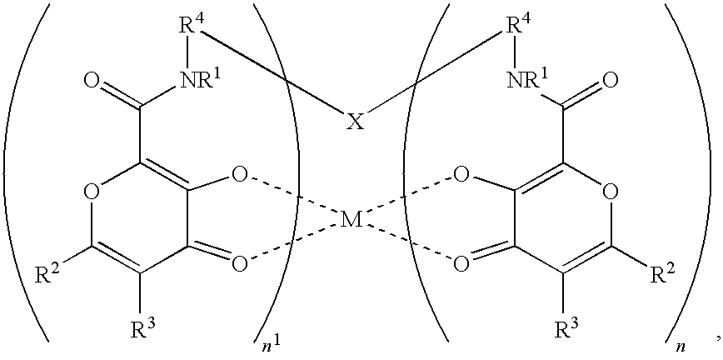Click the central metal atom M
point(352,220)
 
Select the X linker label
point(355,122)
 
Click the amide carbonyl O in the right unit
point(611,82)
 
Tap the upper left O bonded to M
point(239,176)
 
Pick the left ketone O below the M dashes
point(239,264)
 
